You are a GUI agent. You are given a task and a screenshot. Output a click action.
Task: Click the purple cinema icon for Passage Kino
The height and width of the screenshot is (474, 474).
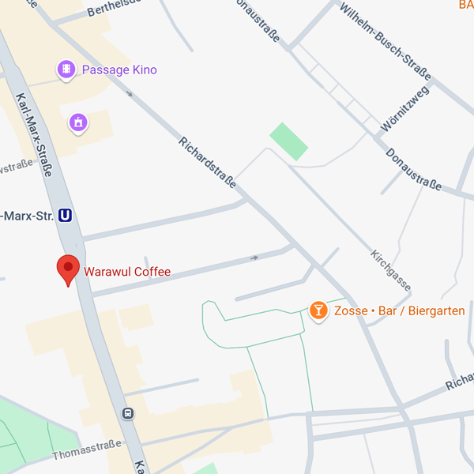tap(66, 70)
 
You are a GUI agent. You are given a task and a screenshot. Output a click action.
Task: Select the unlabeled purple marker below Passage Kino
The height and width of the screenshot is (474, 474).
tap(77, 122)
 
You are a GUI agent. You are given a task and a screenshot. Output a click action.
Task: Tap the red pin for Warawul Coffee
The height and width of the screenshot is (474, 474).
tap(69, 269)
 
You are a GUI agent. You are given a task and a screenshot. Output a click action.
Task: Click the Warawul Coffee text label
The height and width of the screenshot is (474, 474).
tap(129, 272)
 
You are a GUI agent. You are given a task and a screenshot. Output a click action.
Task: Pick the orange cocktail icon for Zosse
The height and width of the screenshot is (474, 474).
tap(318, 310)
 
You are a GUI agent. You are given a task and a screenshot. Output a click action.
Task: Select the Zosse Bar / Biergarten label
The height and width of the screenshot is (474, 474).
tap(399, 311)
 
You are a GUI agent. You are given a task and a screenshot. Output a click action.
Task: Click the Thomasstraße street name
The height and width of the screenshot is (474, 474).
tap(87, 450)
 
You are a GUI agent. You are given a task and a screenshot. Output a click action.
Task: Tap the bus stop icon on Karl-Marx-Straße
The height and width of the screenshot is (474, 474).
tap(127, 413)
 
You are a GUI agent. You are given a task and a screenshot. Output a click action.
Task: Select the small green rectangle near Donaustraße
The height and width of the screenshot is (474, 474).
tap(288, 141)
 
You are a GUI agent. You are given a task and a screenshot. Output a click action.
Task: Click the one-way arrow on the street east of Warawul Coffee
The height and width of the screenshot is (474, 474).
tap(254, 258)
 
